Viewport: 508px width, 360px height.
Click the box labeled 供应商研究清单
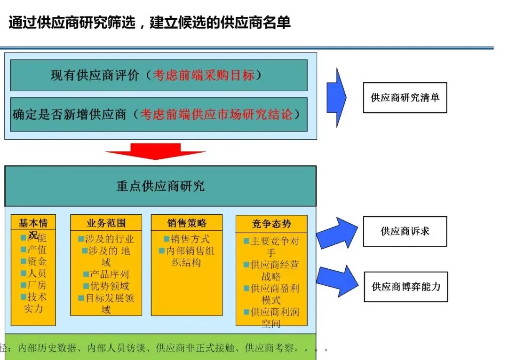pos(405,98)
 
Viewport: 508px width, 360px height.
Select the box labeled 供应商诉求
pos(405,231)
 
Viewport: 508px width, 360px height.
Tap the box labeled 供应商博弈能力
pos(405,286)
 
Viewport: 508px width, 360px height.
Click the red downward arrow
pos(155,151)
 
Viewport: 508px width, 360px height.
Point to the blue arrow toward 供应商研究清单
pos(336,97)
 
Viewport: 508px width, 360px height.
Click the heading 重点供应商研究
pos(160,186)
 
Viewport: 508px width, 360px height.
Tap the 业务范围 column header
pos(106,223)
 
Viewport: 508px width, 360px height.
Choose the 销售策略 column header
pos(187,223)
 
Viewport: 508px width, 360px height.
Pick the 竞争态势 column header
pos(271,224)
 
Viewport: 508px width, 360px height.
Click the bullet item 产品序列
pos(109,274)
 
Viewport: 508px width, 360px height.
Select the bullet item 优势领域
pos(109,286)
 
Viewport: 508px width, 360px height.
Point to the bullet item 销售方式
pos(190,239)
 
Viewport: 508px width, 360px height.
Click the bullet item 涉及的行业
pos(110,239)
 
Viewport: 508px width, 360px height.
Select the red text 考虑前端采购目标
pos(203,75)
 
